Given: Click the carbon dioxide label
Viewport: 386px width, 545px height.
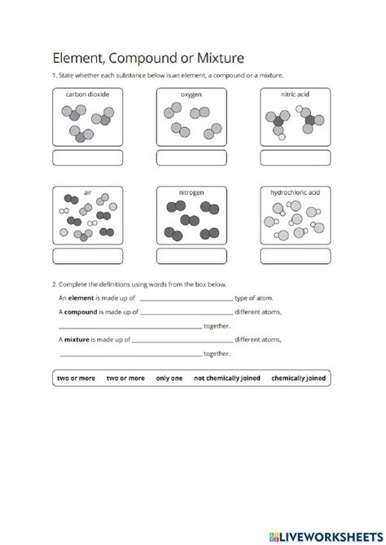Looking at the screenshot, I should pos(87,94).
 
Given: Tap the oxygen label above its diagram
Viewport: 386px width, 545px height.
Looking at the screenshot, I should pos(191,94).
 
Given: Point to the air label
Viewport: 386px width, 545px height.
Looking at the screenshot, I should pos(87,193).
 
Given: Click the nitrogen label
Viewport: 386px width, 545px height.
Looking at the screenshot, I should pos(191,193).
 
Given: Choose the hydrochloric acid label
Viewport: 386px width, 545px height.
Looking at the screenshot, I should pos(296,193).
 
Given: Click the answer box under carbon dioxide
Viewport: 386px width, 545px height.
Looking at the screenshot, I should pos(87,157).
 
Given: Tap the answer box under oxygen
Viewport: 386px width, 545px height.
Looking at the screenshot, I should pos(191,157).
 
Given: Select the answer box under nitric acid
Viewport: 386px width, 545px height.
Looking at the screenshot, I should pos(296,157).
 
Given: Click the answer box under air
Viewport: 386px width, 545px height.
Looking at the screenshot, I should pos(87,256).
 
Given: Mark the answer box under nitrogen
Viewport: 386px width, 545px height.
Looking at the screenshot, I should pos(191,256).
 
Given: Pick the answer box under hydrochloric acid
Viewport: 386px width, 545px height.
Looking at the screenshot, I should pos(296,256).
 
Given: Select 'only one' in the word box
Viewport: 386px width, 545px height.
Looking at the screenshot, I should pos(169,378).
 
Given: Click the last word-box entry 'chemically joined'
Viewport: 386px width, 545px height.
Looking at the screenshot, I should pos(298,378).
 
